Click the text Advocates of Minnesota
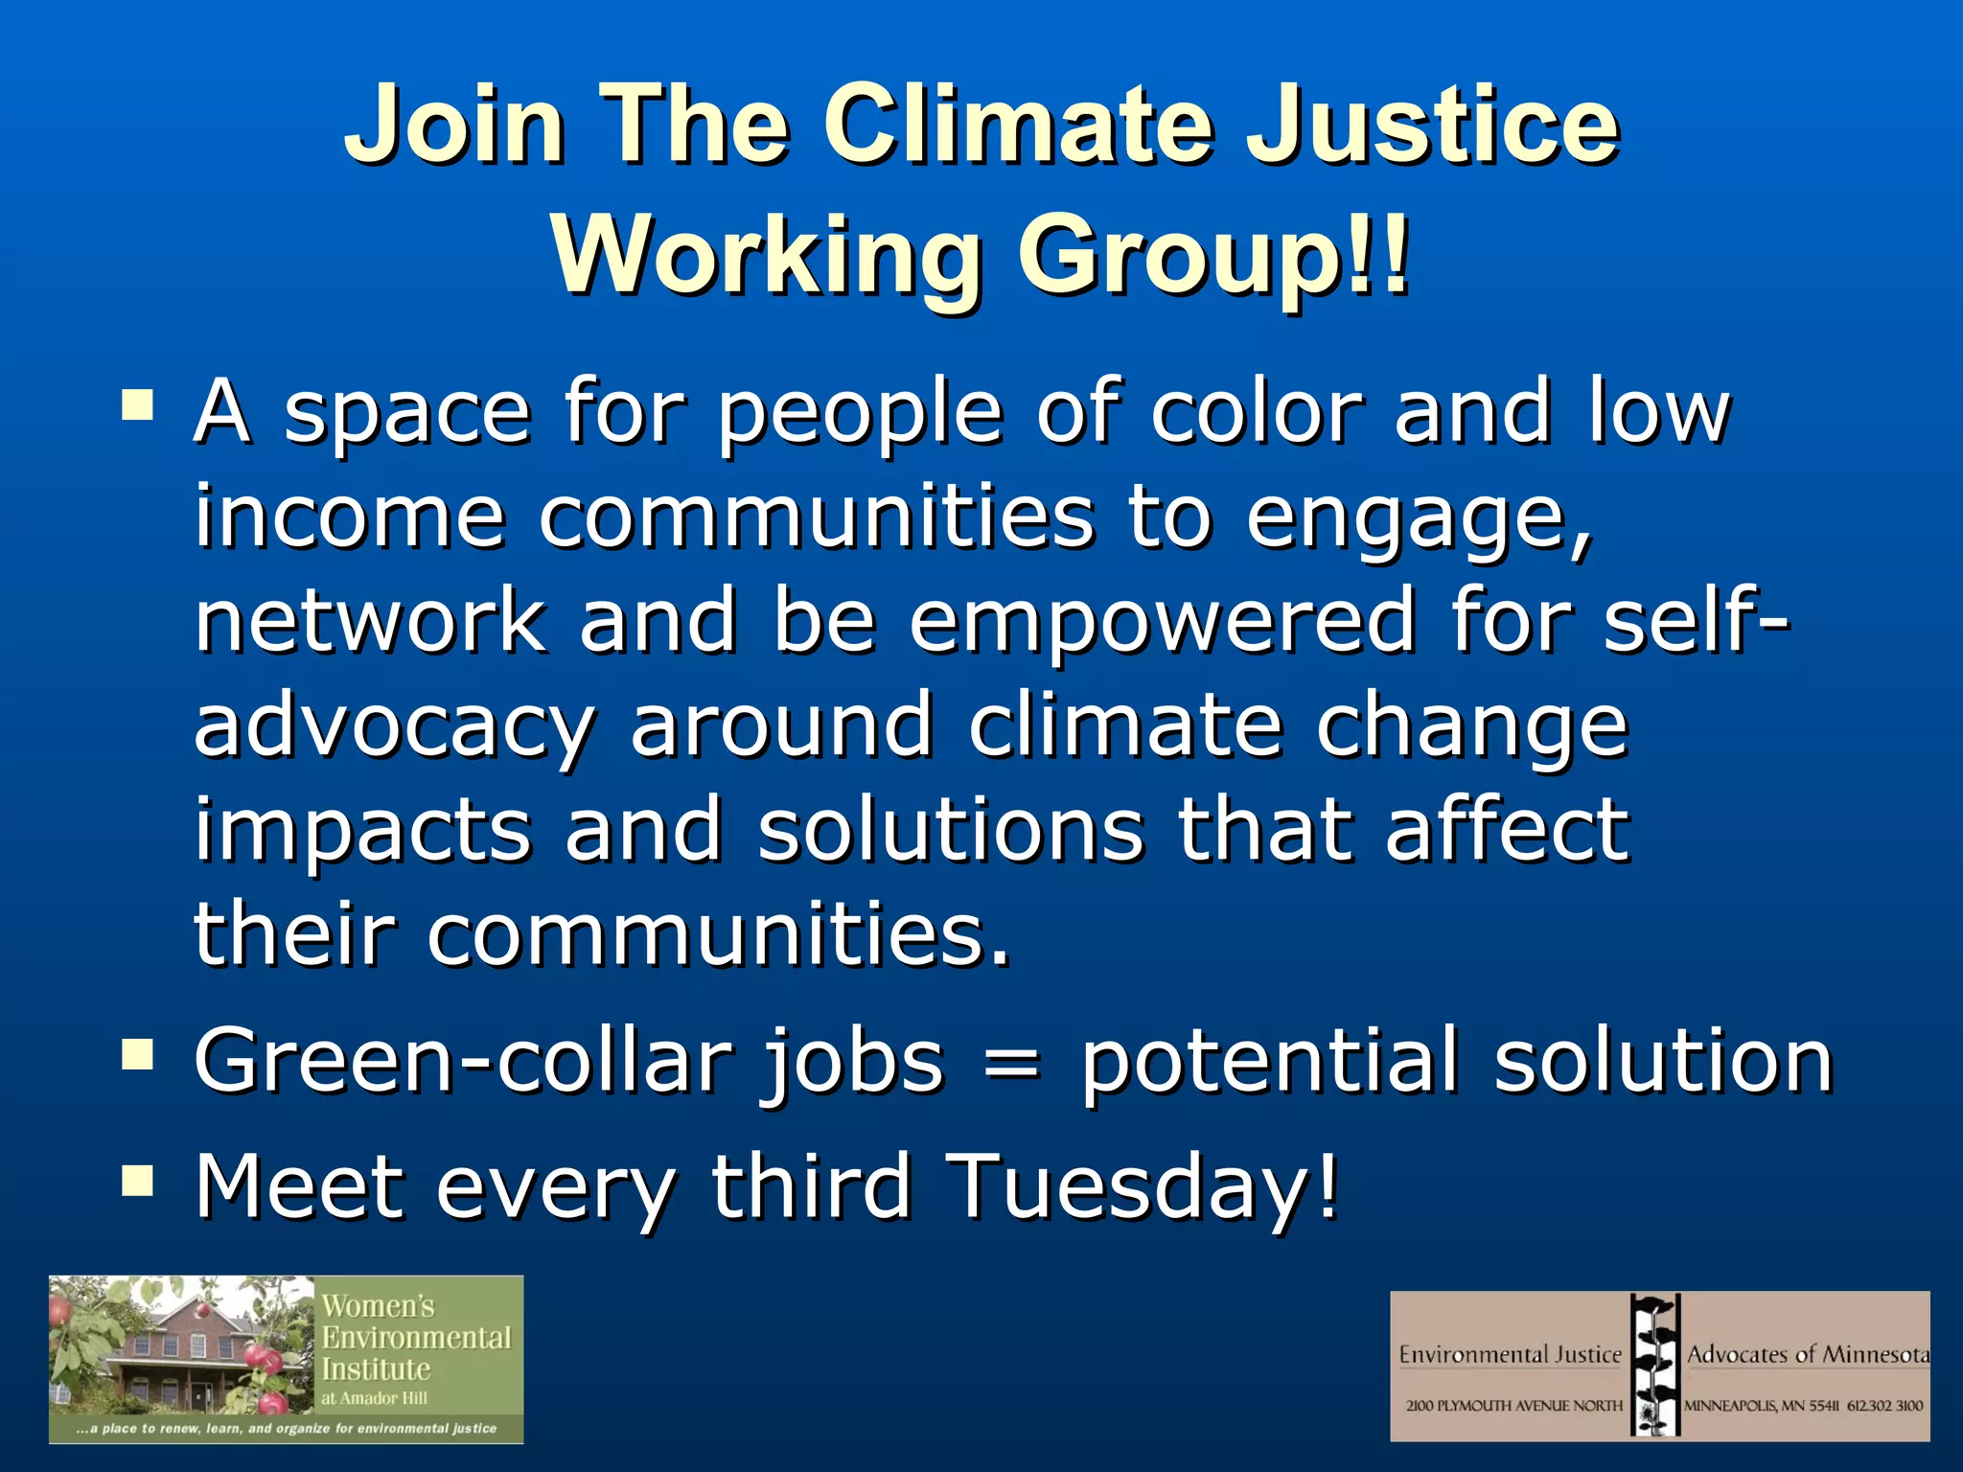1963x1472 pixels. (1807, 1354)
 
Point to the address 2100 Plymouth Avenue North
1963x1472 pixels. (1513, 1406)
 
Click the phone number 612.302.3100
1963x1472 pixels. (1884, 1406)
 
